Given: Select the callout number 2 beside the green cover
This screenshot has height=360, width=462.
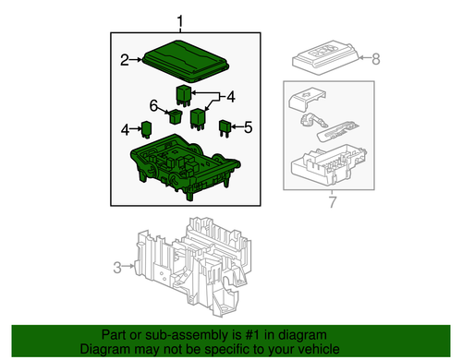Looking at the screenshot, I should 124,61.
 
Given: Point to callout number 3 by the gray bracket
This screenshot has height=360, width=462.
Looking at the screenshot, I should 117,268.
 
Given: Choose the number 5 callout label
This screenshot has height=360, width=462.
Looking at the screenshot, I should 248,126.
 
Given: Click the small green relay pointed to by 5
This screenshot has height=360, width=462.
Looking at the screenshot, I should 225,127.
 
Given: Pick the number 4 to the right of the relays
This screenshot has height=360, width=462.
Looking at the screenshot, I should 231,96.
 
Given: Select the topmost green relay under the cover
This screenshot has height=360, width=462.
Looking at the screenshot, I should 184,91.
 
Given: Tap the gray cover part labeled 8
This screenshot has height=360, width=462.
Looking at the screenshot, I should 328,57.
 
